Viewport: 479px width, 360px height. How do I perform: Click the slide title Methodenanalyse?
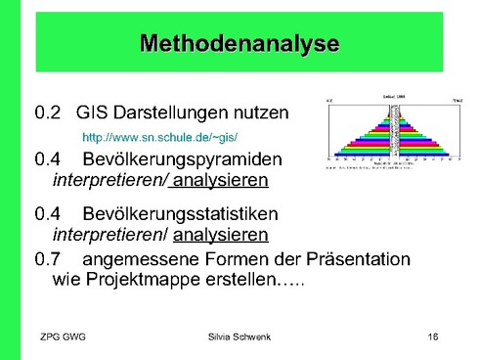click(239, 44)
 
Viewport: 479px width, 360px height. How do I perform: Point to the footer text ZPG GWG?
click(64, 337)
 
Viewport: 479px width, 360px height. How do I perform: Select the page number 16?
click(434, 337)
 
